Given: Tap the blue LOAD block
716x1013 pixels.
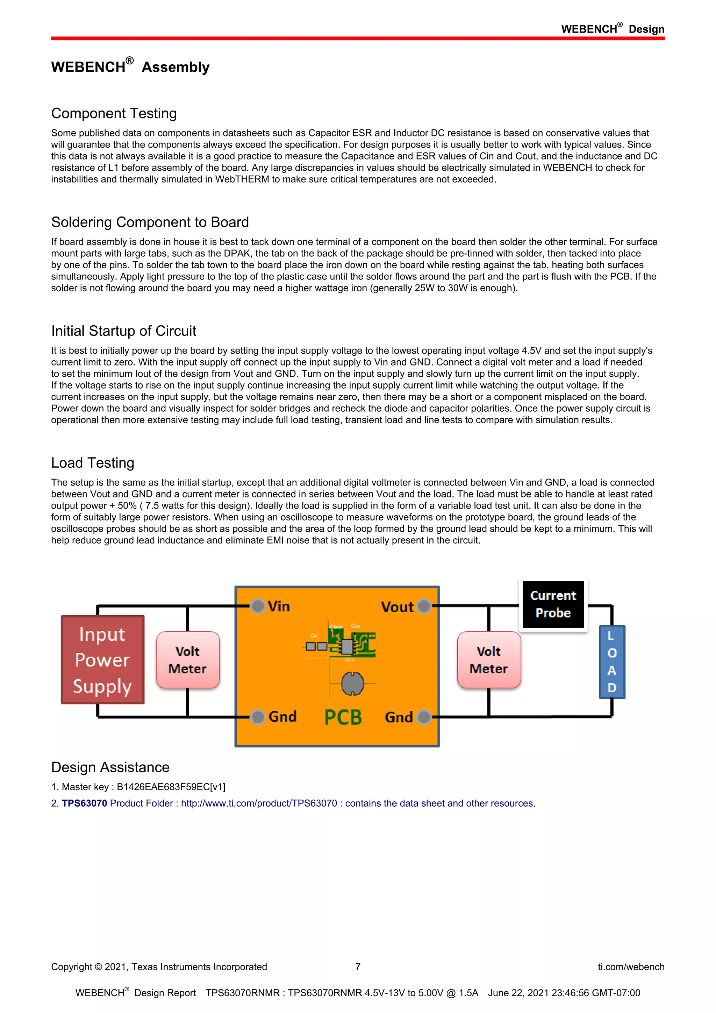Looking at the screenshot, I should pos(612,661).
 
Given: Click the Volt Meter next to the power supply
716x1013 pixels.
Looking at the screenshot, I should pos(188,660).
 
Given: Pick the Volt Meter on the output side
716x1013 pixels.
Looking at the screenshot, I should pos(489,660).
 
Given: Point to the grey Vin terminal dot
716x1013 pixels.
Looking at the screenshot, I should pos(257,606).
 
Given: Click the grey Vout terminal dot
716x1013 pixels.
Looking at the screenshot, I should pos(424,606).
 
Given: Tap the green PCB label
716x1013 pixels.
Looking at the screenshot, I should pos(343,717).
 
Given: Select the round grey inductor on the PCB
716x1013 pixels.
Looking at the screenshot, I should pos(352,683).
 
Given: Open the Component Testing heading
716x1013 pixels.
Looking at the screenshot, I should pos(114,113).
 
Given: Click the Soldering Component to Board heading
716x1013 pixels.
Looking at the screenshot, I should pos(150,222).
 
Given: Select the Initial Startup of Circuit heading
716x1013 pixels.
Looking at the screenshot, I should pos(123,331).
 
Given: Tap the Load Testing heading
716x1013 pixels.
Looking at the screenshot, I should pos(93,463).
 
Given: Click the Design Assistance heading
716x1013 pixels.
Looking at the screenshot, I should pos(110,767).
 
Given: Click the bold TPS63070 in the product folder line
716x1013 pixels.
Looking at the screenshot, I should pos(84,803).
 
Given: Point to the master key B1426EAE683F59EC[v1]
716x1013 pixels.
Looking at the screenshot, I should pos(171,787).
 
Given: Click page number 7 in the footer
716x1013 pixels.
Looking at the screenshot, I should pos(358,967).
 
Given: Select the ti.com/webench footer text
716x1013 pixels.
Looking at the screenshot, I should pos(631,967).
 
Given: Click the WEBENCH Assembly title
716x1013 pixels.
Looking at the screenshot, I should pos(130,66).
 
